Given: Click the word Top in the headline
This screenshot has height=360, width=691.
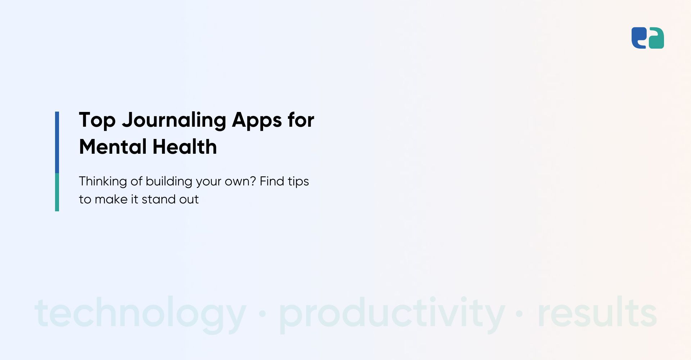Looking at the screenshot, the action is click(x=97, y=121).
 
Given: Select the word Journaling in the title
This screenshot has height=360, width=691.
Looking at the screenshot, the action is click(x=174, y=121).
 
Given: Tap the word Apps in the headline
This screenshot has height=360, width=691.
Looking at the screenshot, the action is click(x=257, y=121).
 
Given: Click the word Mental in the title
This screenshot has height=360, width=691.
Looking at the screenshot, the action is click(x=113, y=147).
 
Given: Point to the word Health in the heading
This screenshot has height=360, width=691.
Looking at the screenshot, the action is click(x=185, y=147).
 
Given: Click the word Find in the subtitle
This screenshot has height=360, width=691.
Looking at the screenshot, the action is click(x=272, y=181).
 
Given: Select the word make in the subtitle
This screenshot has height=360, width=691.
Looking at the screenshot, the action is click(x=111, y=199).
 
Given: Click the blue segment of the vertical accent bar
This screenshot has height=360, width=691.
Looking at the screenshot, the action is click(x=57, y=142).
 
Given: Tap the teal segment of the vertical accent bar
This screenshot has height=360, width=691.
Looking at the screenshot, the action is click(x=57, y=192).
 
